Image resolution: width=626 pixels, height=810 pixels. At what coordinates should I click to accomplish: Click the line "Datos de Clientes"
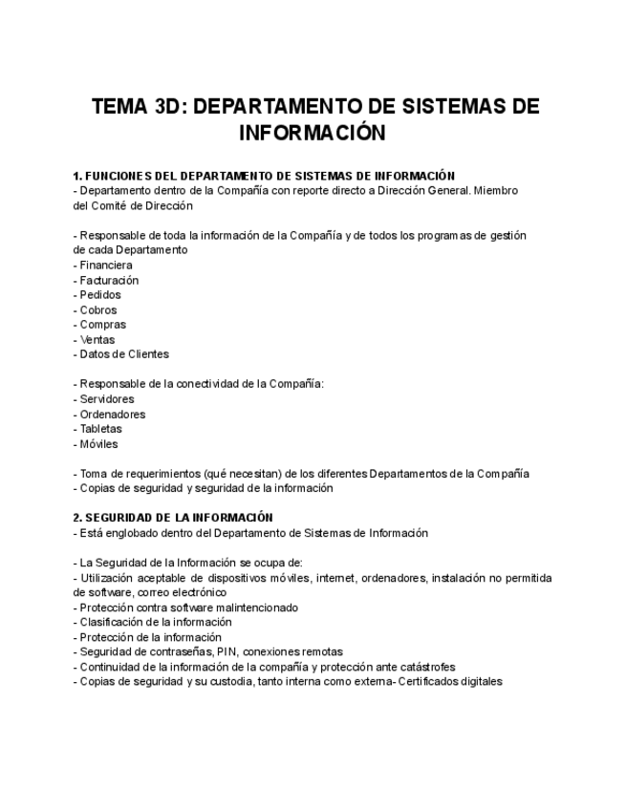(123, 354)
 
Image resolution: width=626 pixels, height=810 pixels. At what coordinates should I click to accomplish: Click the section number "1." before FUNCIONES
(77, 176)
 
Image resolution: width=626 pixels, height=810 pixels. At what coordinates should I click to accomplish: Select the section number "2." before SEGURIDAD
(77, 518)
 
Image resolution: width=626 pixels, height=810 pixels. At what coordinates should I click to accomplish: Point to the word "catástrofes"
(421, 667)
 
